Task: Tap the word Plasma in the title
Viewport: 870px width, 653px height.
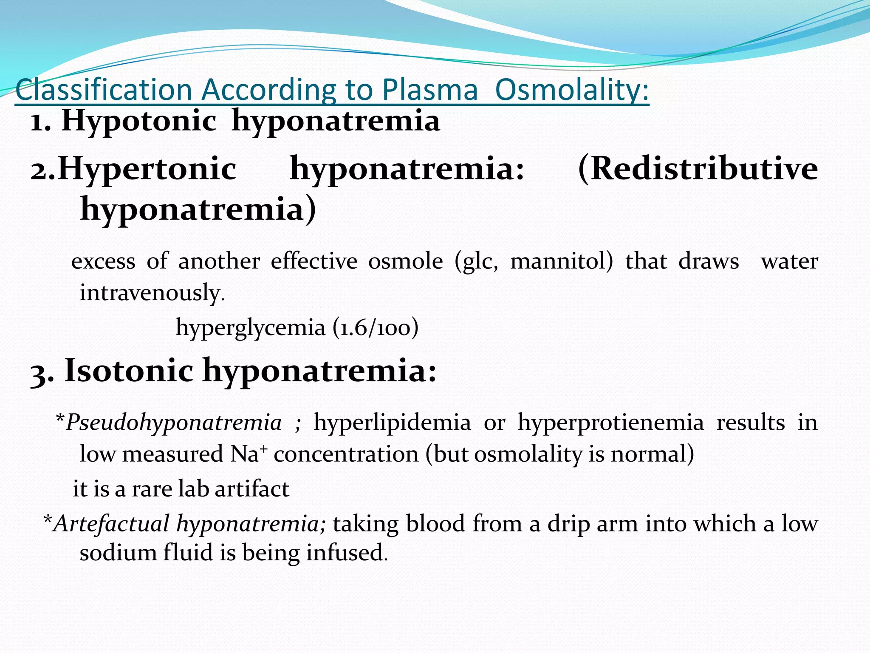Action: (430, 90)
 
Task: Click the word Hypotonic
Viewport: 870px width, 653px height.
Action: (139, 121)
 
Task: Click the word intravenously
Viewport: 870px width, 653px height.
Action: (152, 293)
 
